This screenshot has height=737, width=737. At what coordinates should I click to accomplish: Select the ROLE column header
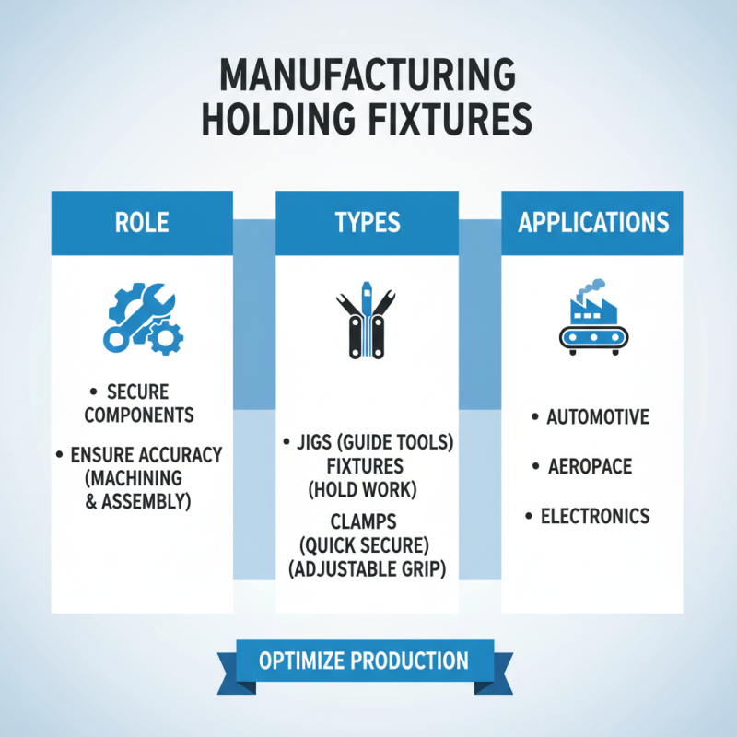(x=141, y=222)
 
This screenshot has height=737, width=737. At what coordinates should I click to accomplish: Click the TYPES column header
(x=368, y=222)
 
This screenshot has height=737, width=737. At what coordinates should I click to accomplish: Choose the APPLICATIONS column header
(x=592, y=222)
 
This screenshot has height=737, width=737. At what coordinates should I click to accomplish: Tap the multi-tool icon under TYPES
(x=367, y=322)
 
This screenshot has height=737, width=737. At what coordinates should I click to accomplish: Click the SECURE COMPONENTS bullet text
(x=139, y=404)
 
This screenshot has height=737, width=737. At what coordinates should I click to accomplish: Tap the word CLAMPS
(x=368, y=520)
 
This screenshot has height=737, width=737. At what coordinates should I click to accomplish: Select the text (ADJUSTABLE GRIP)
(x=368, y=569)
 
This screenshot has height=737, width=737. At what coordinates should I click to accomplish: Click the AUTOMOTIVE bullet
(x=597, y=417)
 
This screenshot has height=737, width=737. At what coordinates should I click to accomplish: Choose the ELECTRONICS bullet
(x=594, y=516)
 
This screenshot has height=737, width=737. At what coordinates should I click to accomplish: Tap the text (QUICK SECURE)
(x=368, y=544)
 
